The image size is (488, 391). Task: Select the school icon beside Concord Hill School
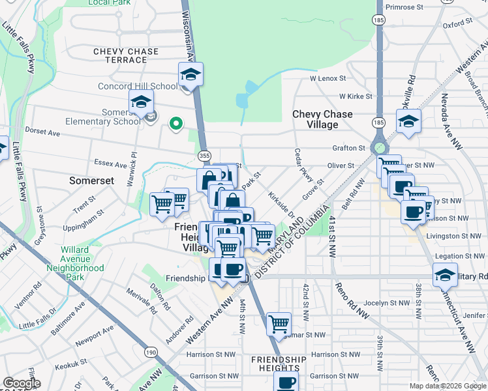(191, 74)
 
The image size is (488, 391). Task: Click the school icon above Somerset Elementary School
(141, 102)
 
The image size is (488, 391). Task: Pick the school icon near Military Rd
(446, 276)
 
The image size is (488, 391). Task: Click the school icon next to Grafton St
(408, 121)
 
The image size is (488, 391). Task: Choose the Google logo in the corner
(22, 383)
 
